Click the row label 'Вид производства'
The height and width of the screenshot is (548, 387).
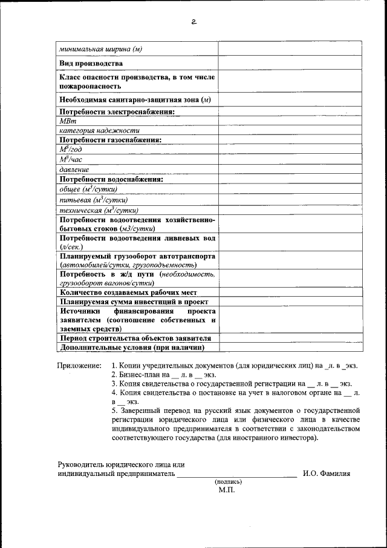coord(91,63)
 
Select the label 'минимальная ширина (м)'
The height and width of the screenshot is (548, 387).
coord(100,48)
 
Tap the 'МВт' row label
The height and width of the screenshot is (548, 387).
coord(66,121)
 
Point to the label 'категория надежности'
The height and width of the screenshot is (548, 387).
coord(99,130)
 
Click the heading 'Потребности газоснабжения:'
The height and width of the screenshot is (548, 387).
coord(111,140)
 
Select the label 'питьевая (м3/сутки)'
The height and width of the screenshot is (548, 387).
coord(93,199)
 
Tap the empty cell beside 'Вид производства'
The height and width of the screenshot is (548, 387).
coord(290,63)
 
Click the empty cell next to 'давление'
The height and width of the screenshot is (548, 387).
coord(290,169)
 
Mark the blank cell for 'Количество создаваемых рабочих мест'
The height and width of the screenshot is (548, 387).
coord(290,292)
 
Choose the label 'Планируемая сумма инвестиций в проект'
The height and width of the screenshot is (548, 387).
coord(134,301)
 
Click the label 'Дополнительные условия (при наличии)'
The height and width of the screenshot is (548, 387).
coord(131,348)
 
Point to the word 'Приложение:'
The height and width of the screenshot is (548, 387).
coord(79,366)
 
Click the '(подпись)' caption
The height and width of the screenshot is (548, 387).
coord(228,482)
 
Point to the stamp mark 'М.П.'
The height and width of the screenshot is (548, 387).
coord(227,490)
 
